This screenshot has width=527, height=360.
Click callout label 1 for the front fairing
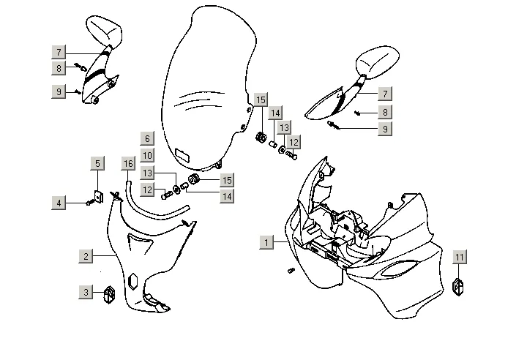point(267,241)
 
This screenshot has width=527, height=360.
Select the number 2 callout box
point(86,255)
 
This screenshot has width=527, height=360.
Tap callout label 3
point(86,292)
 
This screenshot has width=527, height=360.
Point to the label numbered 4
point(60,203)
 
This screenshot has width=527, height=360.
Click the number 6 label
point(146,138)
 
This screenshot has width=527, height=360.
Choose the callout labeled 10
point(146,155)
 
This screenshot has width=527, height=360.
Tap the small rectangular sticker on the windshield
point(181,156)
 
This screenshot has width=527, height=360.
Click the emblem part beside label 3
point(110,294)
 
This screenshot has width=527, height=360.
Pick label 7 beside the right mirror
point(384,94)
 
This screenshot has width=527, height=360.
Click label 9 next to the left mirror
point(59,91)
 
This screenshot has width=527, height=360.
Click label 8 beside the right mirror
point(384,112)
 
